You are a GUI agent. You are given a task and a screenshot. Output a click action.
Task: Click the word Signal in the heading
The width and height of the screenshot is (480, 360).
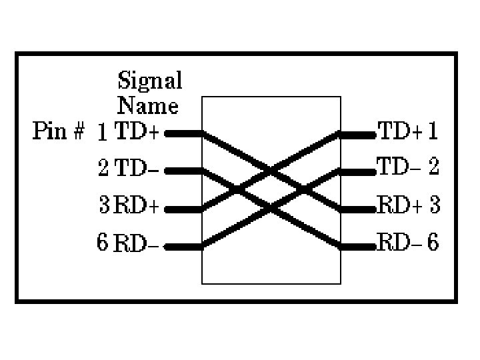149,81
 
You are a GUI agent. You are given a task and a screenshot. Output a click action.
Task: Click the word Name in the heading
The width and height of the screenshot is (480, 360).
148,105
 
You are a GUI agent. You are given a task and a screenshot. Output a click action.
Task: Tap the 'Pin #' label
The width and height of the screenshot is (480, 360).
59,131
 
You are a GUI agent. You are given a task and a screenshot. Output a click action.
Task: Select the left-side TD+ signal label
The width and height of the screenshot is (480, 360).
137,132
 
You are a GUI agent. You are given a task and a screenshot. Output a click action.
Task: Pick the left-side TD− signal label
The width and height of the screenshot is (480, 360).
137,169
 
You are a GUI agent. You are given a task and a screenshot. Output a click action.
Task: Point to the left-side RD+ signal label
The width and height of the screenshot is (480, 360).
137,206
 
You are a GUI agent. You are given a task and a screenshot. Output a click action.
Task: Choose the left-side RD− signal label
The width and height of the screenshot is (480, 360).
137,244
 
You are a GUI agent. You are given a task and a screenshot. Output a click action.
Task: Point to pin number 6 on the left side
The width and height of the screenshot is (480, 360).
102,242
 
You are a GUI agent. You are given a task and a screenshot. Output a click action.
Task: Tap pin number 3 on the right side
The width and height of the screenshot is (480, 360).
435,205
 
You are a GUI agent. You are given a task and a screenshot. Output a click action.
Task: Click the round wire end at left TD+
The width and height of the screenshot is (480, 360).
167,133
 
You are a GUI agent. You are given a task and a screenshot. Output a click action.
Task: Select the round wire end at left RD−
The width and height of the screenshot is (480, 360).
167,247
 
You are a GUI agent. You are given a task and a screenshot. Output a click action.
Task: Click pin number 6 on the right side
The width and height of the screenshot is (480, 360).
433,243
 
